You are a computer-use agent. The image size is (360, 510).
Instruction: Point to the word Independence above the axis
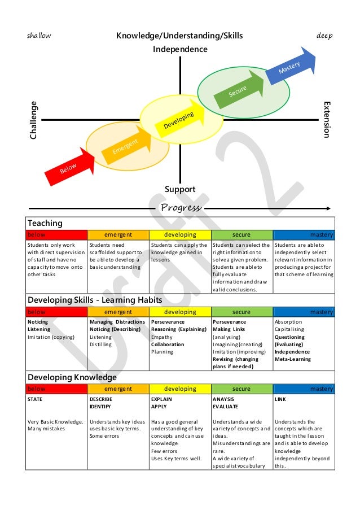point(180,49)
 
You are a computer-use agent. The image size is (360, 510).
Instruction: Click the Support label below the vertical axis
point(180,189)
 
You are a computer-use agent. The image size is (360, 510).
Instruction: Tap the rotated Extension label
point(326,120)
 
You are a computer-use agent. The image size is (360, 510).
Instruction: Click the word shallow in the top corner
point(39,36)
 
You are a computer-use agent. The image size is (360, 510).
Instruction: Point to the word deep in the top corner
point(324,36)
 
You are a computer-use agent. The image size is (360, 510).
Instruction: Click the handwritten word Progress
point(181,207)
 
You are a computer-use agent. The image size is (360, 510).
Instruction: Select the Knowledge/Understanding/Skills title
point(179,36)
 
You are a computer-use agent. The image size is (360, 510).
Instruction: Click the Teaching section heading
point(45,223)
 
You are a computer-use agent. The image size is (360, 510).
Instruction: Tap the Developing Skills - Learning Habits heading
point(95,300)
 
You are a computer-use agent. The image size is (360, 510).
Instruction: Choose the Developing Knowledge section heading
point(72,377)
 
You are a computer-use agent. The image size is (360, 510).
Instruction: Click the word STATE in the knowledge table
point(35,399)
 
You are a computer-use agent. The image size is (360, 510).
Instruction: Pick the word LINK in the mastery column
point(280,399)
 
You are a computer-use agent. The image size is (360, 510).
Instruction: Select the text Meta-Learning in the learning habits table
point(292,359)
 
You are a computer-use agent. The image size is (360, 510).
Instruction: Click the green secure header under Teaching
point(241,234)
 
